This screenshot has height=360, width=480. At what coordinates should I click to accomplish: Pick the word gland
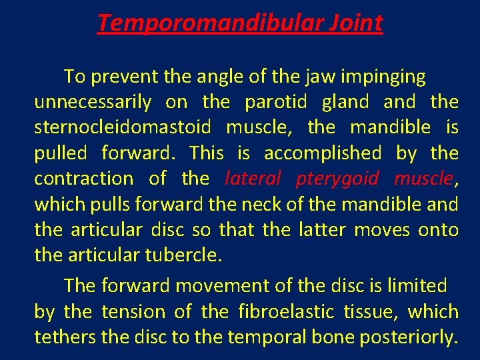345,103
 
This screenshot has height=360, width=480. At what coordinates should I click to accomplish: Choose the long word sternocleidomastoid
122,128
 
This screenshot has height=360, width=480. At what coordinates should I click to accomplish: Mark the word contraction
83,179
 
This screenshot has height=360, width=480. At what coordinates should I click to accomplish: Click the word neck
268,204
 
